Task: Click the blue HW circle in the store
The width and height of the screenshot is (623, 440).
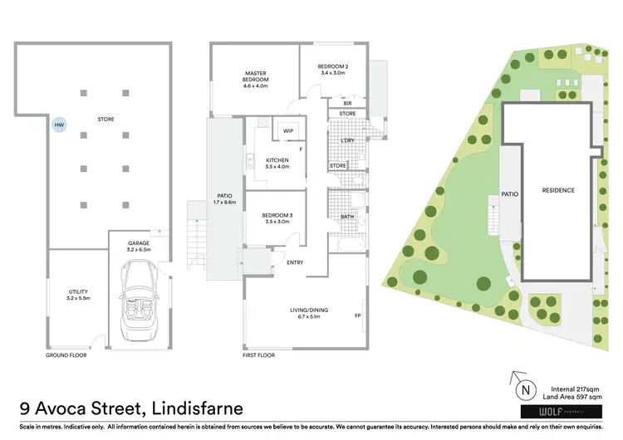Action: click(58, 125)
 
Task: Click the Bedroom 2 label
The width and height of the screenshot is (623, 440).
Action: click(335, 70)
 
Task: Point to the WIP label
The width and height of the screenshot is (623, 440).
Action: click(288, 131)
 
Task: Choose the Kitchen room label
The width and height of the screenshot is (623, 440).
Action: click(276, 164)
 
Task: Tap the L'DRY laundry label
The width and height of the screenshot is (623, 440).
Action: click(348, 141)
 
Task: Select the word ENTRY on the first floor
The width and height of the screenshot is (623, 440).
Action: click(295, 263)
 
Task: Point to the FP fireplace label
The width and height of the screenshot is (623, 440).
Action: click(357, 315)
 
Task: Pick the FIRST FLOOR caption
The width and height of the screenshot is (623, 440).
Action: click(259, 355)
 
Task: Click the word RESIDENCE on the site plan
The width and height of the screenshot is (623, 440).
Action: click(558, 190)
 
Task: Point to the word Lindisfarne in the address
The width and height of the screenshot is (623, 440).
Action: click(187, 408)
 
